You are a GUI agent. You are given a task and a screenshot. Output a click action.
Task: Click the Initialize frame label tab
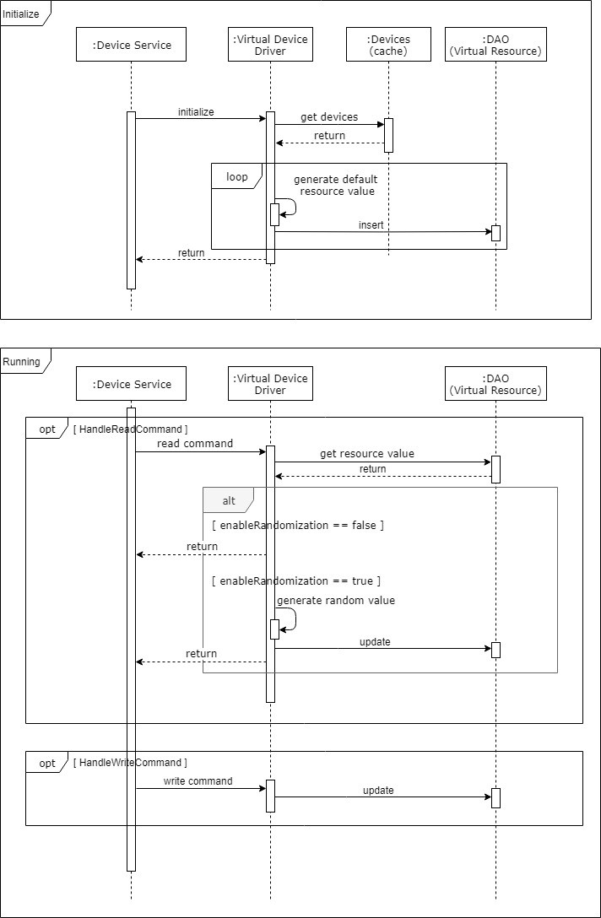[22, 14]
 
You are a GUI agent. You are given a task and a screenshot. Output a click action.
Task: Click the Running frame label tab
[22, 362]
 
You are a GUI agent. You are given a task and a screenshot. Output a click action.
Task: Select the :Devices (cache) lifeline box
[388, 45]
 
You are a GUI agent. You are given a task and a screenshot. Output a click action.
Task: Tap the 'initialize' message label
[196, 111]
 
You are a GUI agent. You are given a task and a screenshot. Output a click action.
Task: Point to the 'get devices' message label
[329, 116]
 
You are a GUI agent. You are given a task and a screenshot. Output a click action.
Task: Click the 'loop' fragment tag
[237, 177]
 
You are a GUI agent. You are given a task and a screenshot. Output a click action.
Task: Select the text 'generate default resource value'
[336, 186]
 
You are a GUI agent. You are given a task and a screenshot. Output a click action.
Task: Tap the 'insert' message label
[371, 224]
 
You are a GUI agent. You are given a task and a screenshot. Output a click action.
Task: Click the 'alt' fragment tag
[229, 500]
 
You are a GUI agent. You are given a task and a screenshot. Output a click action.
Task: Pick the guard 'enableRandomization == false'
[298, 525]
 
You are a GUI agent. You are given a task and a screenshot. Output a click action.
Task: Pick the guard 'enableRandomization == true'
[296, 580]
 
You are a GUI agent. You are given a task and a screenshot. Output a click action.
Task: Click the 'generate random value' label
[336, 601]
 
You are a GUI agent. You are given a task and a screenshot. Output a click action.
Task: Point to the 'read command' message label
[195, 444]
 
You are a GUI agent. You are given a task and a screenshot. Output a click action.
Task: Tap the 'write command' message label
[198, 781]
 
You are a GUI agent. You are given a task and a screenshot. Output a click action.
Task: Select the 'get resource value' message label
[367, 454]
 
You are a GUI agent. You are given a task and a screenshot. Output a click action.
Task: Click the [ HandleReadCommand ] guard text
[131, 429]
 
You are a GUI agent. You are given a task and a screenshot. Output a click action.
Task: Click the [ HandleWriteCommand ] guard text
[131, 763]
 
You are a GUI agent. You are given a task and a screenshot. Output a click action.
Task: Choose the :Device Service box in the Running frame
[131, 384]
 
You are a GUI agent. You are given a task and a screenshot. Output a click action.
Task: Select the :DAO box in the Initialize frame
[495, 45]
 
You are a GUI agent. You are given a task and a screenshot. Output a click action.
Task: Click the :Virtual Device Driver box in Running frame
[270, 384]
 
